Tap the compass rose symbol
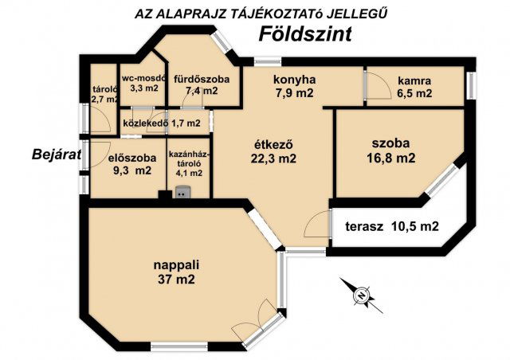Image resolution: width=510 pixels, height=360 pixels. tap(361, 295)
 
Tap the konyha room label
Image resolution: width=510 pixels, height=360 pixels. tap(295, 80)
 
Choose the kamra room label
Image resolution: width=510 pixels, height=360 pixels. tap(414, 80)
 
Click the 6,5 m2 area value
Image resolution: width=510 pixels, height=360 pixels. tap(414, 93)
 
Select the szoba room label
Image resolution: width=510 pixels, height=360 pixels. tap(390, 143)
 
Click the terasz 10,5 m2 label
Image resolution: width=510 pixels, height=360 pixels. tap(392, 226)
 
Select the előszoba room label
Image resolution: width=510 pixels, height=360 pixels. tap(130, 157)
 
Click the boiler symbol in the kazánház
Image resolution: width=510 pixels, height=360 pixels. tap(182, 192)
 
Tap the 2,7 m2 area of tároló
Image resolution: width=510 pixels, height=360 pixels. tap(104, 100)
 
